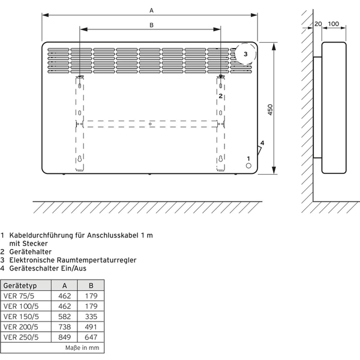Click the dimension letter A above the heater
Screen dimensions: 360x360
(151, 10)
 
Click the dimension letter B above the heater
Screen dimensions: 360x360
(151, 25)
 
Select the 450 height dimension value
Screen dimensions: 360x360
(270, 110)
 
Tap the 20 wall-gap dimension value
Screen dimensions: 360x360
(318, 24)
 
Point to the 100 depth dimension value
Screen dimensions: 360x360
(334, 24)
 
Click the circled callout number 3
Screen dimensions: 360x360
(245, 54)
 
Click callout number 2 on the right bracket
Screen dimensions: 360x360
(221, 96)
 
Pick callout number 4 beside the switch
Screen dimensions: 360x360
(262, 143)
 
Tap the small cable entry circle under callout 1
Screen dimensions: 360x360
(248, 166)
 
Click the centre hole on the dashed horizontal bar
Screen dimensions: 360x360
(150, 124)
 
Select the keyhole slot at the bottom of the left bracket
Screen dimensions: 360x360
(80, 158)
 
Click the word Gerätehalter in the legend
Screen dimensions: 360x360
(31, 252)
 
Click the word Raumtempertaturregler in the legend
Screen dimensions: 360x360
(97, 260)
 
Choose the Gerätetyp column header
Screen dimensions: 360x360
(20, 286)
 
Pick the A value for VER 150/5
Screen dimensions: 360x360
(65, 317)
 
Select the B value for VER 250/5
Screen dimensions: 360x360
(91, 337)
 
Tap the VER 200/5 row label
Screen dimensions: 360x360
(21, 327)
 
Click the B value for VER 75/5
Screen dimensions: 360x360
(91, 296)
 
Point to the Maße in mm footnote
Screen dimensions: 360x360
(82, 348)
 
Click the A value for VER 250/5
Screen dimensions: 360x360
(65, 337)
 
